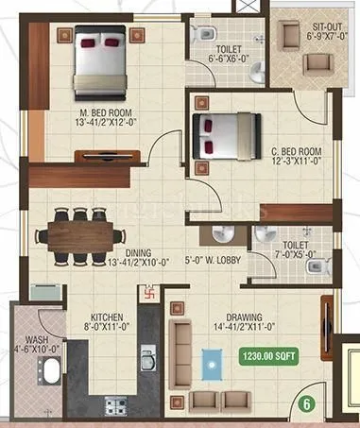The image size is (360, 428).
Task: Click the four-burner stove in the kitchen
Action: (117, 407)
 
